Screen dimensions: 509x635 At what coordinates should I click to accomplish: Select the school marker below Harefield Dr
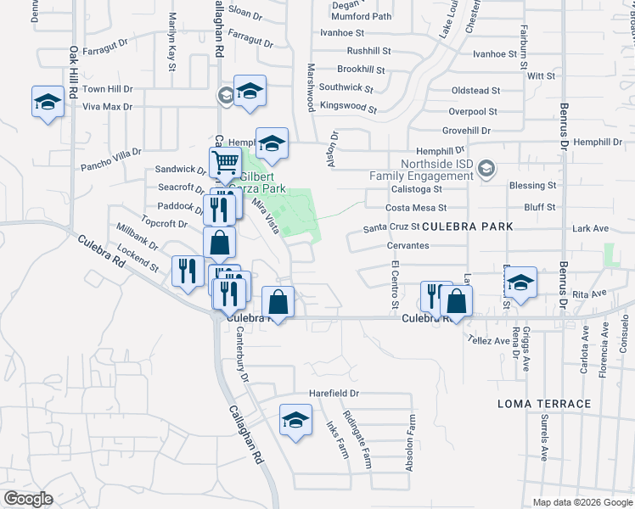[x=295, y=420]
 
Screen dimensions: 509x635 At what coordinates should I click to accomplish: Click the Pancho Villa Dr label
[x=110, y=159]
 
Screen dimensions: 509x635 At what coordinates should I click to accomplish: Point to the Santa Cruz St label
[x=391, y=227]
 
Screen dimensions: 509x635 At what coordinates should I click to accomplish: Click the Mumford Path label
[x=362, y=16]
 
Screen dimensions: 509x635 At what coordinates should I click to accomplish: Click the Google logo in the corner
[x=27, y=499]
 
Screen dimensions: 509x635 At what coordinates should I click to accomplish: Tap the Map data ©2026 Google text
[x=582, y=502]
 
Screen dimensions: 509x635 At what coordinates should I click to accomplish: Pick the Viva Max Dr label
[x=108, y=107]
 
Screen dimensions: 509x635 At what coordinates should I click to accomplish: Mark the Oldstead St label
[x=475, y=91]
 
